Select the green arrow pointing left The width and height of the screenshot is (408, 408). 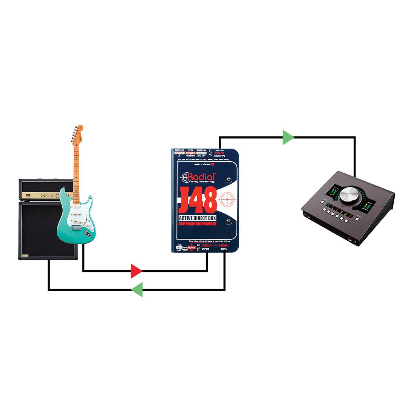tap(137, 290)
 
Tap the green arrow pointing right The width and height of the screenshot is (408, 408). tap(288, 138)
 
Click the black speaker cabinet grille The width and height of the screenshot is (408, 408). tap(38, 230)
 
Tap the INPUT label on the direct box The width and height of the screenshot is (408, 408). tap(206, 249)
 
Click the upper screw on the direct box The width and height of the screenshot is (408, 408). tap(229, 180)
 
